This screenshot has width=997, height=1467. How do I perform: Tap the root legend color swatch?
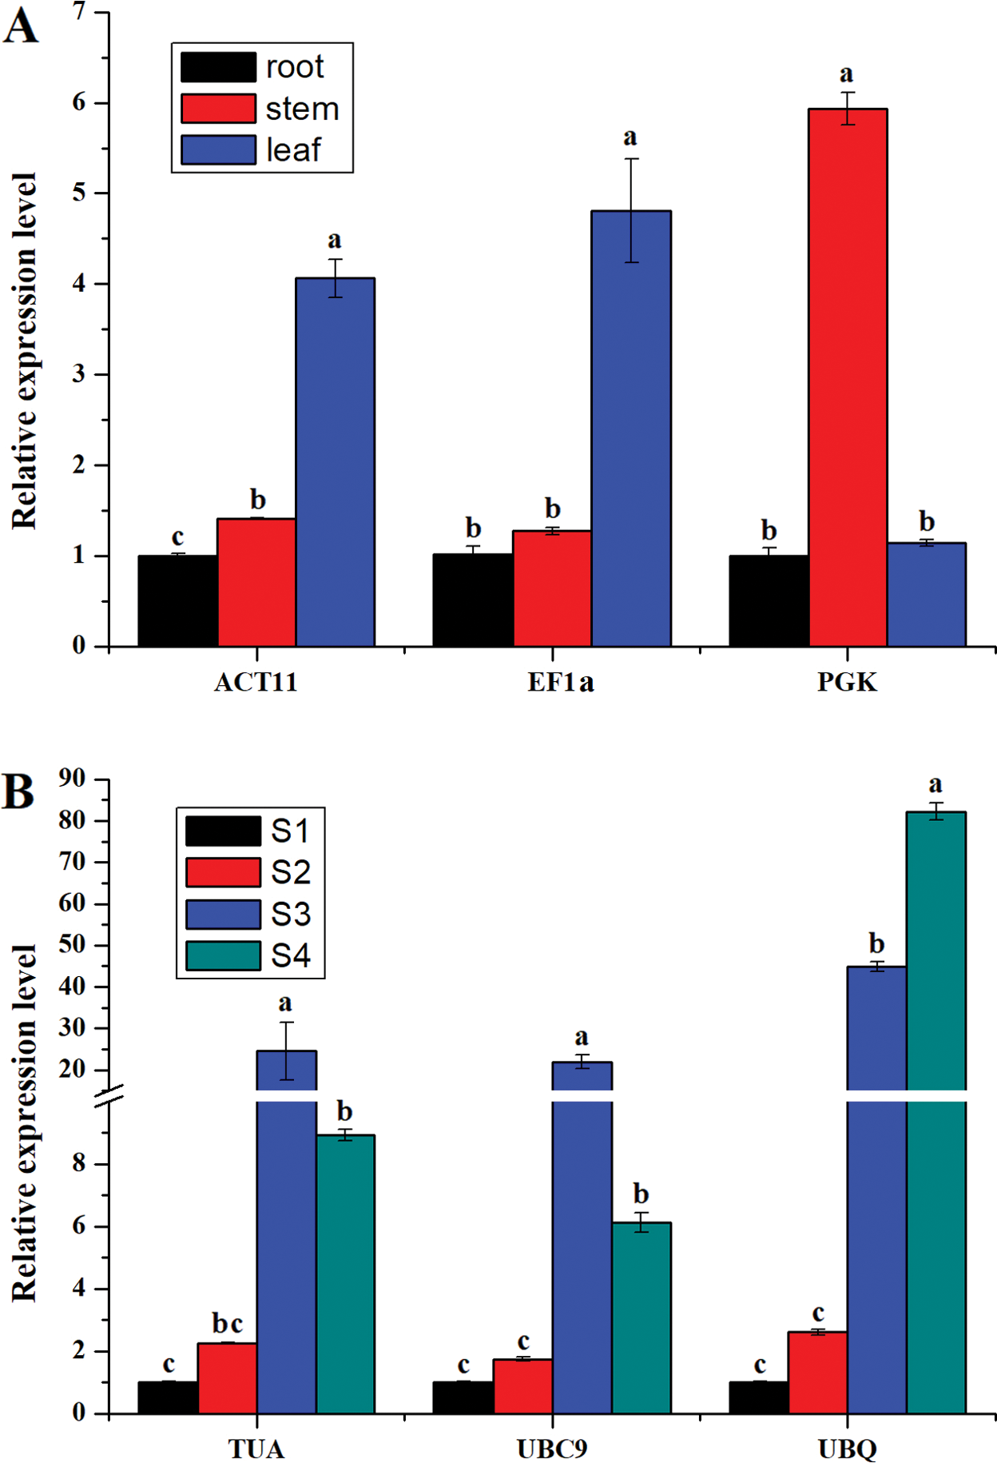(218, 67)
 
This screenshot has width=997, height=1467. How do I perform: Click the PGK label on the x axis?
(847, 683)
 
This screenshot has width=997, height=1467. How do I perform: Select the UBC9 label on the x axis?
(552, 1449)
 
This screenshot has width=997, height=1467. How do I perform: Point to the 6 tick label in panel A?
(79, 102)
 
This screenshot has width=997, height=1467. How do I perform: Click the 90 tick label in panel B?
(73, 778)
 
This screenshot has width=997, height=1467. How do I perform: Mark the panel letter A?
(21, 26)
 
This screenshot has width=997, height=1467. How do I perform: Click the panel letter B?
(18, 791)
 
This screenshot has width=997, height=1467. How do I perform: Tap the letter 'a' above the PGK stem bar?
(847, 74)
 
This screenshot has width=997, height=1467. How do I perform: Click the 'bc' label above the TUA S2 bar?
(227, 1324)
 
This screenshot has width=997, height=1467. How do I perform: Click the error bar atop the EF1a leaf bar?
(631, 209)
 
